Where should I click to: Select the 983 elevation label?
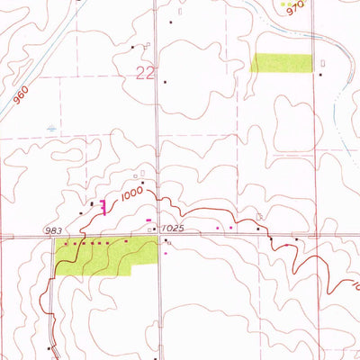coord(52,231)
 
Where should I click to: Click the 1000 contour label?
coord(132,193)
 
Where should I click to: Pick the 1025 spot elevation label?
coord(174,229)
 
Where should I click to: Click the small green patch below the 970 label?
coord(282,62)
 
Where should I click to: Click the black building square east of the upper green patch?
coord(321,76)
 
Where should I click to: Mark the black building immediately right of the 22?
coord(166,81)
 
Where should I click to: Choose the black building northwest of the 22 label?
coord(132,47)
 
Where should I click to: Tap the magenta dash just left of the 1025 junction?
coord(148,220)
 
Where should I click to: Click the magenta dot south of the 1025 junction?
coord(166,253)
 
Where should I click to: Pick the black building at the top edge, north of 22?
coord(169,20)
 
